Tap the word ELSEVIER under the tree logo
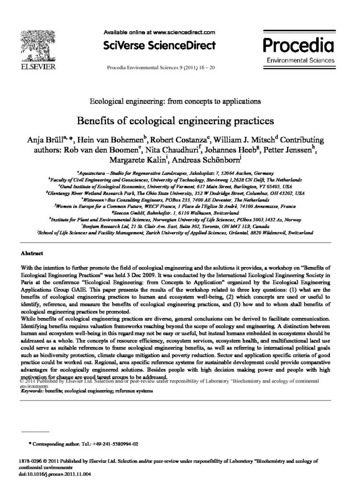(x=36, y=65)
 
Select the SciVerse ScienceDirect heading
(x=160, y=46)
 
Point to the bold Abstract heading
(x=32, y=253)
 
